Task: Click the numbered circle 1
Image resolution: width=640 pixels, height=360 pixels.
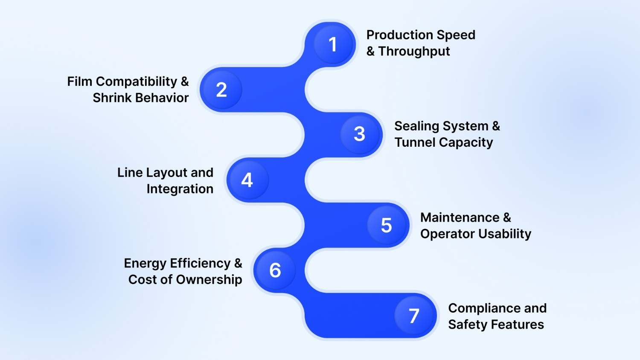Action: pyautogui.click(x=333, y=44)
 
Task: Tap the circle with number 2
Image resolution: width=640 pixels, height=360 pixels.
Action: pyautogui.click(x=221, y=90)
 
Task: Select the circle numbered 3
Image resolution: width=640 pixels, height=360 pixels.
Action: pyautogui.click(x=360, y=134)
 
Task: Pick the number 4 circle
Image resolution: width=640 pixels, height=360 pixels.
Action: pyautogui.click(x=247, y=180)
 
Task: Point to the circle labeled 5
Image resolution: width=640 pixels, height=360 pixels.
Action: pyautogui.click(x=387, y=225)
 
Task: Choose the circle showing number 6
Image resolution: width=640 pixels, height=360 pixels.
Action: pyautogui.click(x=275, y=270)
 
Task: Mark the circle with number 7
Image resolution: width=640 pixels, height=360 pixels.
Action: pyautogui.click(x=414, y=316)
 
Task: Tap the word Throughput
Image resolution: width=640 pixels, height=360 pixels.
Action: pyautogui.click(x=414, y=52)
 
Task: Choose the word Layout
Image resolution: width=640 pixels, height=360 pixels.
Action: pyautogui.click(x=166, y=173)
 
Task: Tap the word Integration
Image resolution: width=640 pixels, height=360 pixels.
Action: pyautogui.click(x=180, y=189)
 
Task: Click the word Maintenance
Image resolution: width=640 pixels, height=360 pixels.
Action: pyautogui.click(x=460, y=218)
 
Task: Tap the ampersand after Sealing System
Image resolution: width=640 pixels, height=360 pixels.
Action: pyautogui.click(x=496, y=126)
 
